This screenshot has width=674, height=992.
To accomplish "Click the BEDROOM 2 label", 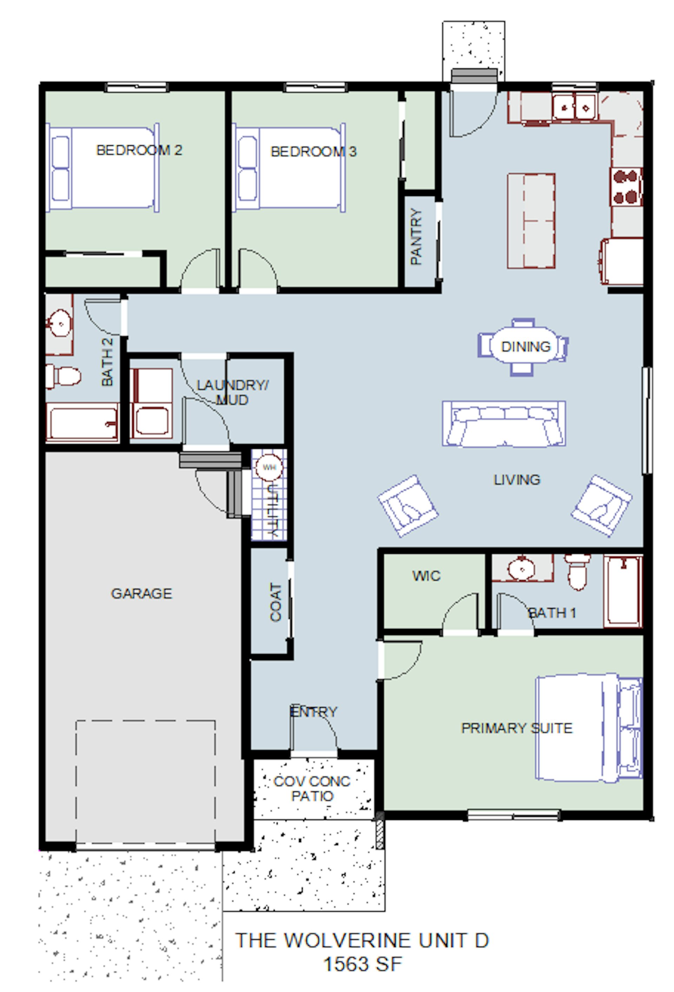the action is point(139,150).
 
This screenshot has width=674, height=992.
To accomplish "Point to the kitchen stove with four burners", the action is point(626,186).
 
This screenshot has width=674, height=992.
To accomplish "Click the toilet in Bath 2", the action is point(63,376).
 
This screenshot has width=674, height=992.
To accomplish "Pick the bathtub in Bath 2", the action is point(82,422).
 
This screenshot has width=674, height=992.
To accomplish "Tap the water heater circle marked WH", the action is point(269,467).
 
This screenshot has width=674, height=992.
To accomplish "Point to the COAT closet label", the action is point(276,602).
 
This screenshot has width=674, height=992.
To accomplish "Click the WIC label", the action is point(426,576).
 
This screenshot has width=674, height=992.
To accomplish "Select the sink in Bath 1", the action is point(522,568).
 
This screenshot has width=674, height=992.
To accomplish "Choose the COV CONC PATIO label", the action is point(312,788).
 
